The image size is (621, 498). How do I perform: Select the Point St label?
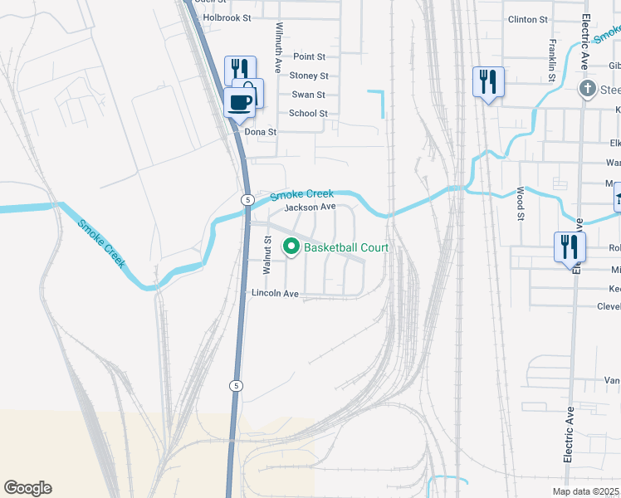coord(310,56)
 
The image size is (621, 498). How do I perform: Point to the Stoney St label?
coord(309,76)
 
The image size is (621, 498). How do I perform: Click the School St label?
coord(308,114)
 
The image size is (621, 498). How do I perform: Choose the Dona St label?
coord(260,132)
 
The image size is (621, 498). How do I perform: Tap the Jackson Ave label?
coord(310,207)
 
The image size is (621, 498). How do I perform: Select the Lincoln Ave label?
coord(275,294)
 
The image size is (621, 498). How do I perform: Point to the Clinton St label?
coord(528,19)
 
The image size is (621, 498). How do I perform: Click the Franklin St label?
coord(551,61)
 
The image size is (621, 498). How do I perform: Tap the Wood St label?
coord(521,204)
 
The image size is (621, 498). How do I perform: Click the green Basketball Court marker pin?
coord(291,247)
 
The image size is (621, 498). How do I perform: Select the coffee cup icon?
coord(240,103)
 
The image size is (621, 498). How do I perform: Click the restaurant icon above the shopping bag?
coord(240,68)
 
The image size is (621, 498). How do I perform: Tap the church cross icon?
coord(588,89)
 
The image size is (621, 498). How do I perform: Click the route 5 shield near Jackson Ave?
coord(247,200)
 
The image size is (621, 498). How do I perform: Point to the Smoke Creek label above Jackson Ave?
coord(301,194)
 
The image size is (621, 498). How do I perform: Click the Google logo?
coord(27,488)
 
